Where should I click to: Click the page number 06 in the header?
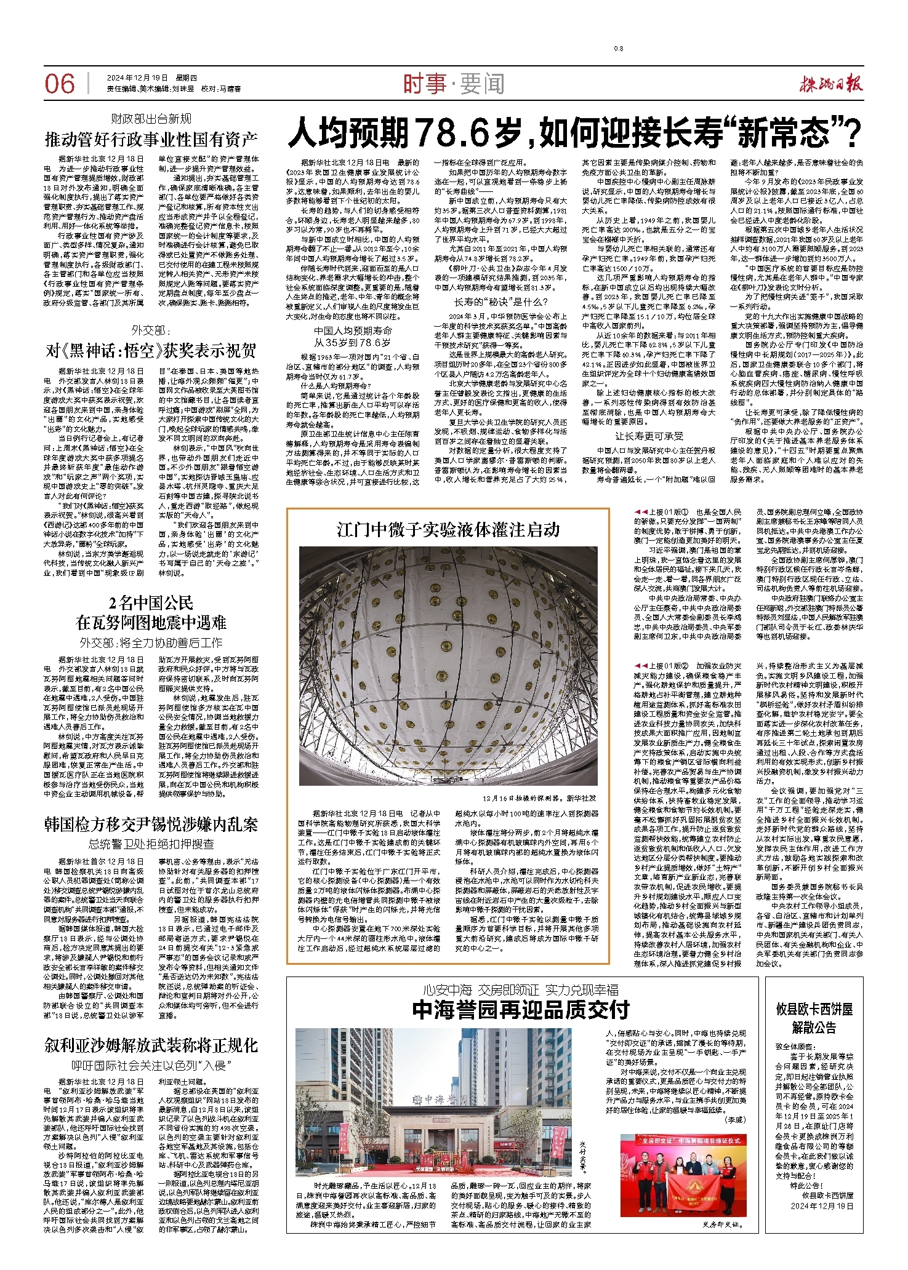(60, 84)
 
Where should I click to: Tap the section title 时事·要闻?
(454, 84)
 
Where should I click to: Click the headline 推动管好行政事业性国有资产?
(151, 140)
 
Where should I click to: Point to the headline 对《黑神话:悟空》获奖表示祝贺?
(151, 351)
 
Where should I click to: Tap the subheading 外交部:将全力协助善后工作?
(151, 642)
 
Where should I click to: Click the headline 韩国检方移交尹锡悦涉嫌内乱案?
(151, 825)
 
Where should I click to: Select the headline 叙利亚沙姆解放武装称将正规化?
(151, 1045)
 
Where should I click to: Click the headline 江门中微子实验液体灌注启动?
(448, 530)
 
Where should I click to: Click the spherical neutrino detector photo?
(448, 666)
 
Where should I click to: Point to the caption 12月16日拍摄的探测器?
(539, 798)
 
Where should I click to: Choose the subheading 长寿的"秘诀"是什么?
(501, 302)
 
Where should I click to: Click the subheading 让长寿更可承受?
(649, 436)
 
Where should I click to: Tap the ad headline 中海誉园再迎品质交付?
(521, 1010)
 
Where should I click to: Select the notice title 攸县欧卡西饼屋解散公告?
(814, 1018)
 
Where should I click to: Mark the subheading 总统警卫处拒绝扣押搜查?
(151, 844)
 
